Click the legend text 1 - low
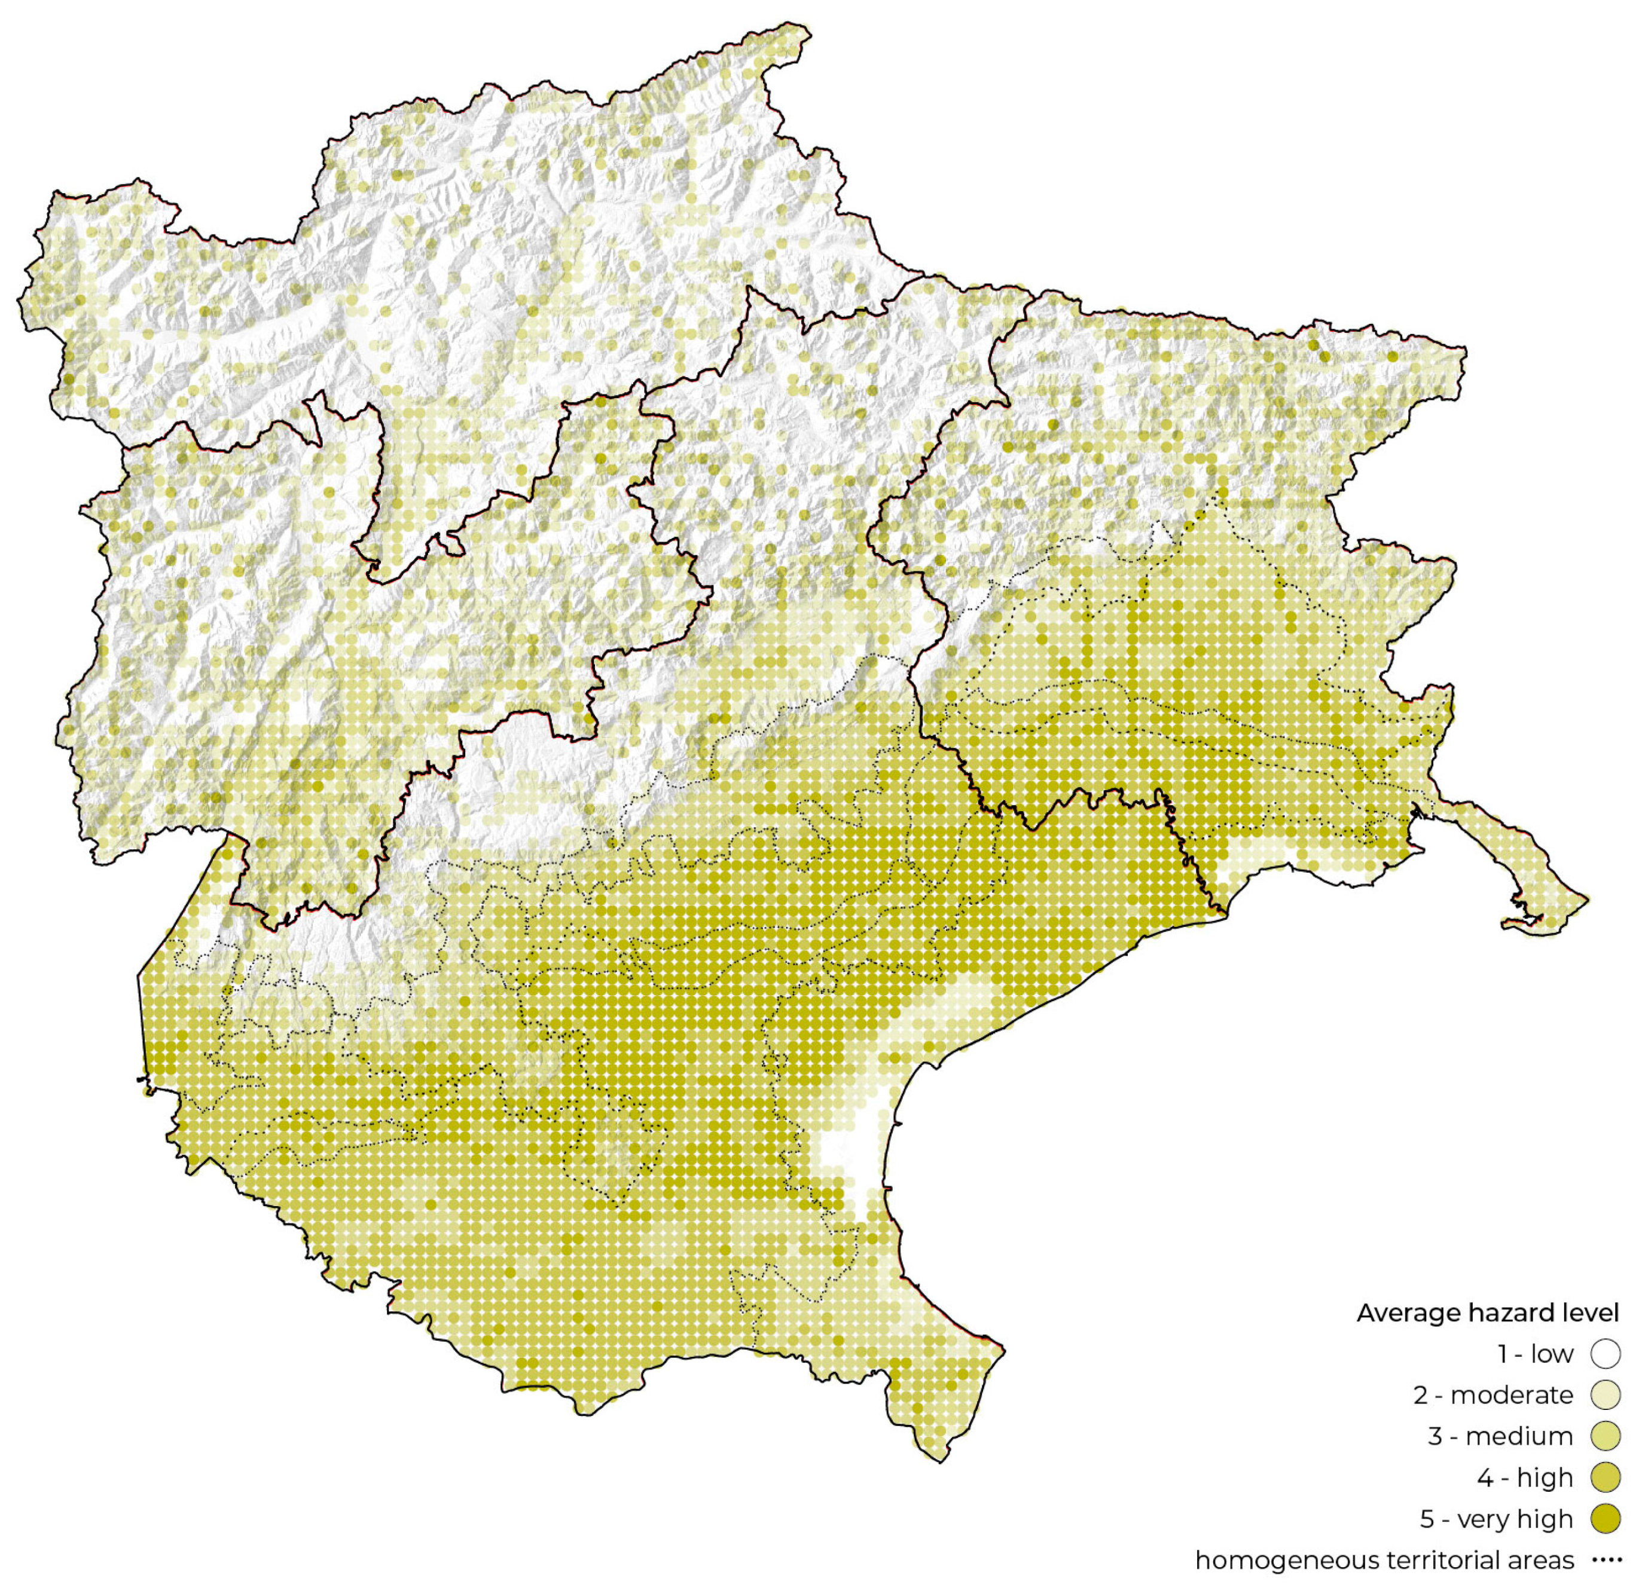click(1534, 1354)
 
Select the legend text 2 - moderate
click(1493, 1395)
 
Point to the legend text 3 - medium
click(1500, 1437)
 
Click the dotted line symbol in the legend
click(1606, 1561)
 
